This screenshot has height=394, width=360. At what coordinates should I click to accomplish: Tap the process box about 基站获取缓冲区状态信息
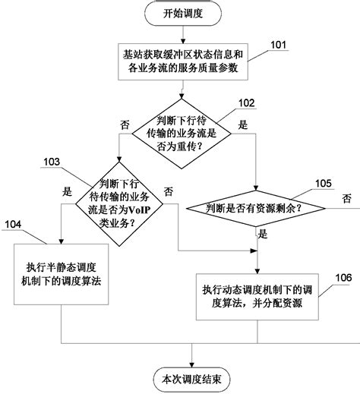click(x=182, y=63)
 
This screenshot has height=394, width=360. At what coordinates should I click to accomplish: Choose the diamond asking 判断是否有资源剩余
click(x=257, y=206)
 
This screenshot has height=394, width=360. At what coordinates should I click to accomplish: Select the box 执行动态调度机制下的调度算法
click(x=257, y=294)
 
